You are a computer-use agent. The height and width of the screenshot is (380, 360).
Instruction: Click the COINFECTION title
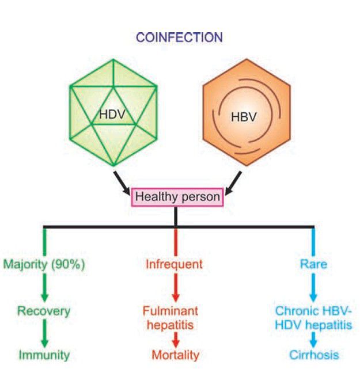pyautogui.click(x=179, y=37)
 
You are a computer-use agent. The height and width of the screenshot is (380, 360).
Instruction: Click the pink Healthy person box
pyautogui.click(x=177, y=197)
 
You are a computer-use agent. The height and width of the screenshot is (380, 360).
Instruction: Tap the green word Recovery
pyautogui.click(x=44, y=311)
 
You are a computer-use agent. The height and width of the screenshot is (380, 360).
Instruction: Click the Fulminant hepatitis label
pyautogui.click(x=175, y=317)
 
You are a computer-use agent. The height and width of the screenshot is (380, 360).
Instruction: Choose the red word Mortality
pyautogui.click(x=175, y=355)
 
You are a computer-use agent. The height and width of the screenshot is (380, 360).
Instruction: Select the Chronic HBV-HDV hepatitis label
pyautogui.click(x=313, y=317)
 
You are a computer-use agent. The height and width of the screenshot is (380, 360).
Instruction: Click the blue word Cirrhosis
pyautogui.click(x=314, y=355)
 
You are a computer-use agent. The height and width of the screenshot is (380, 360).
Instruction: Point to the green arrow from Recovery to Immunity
pyautogui.click(x=44, y=333)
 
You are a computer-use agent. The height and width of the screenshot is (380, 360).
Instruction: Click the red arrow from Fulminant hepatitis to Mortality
pyautogui.click(x=175, y=338)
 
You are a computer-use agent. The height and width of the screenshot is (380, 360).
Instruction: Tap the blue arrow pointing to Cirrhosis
pyautogui.click(x=313, y=338)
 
